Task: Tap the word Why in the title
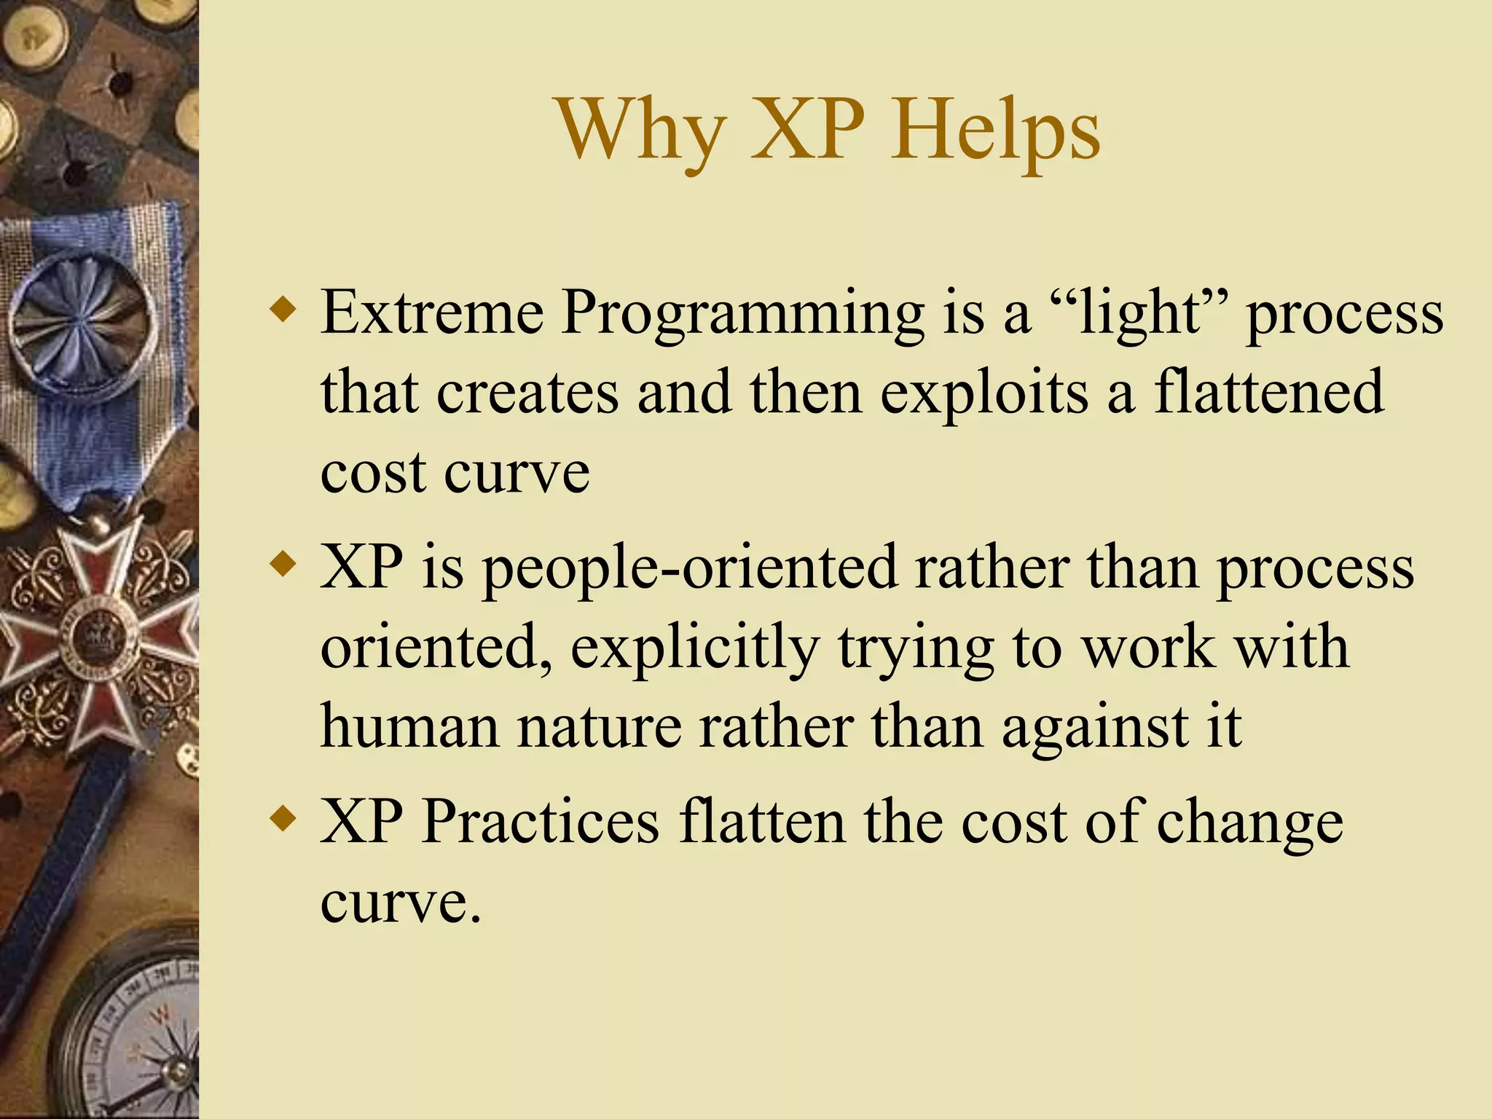tap(641, 131)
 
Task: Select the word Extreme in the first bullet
tap(432, 313)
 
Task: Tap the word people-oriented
tap(689, 568)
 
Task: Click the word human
tap(409, 726)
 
